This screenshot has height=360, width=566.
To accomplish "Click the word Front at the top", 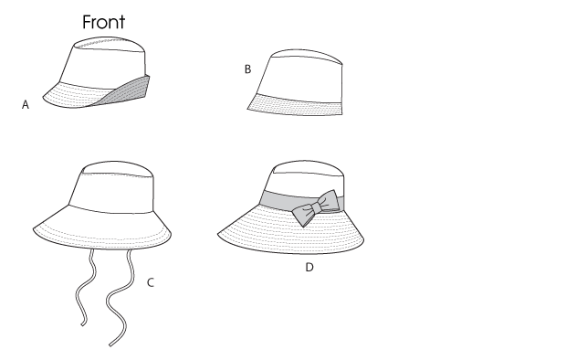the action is click(103, 22).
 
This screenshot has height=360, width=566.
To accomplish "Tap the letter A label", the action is click(26, 104).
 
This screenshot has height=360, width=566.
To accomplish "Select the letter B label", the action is click(247, 69).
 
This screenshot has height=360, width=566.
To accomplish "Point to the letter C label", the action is click(151, 282).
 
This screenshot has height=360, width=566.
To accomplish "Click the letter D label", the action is click(309, 268).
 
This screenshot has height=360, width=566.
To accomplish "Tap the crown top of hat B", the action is click(307, 56).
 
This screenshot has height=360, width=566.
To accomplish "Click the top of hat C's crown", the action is click(118, 169).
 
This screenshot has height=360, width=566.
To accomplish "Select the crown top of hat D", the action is click(307, 168).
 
